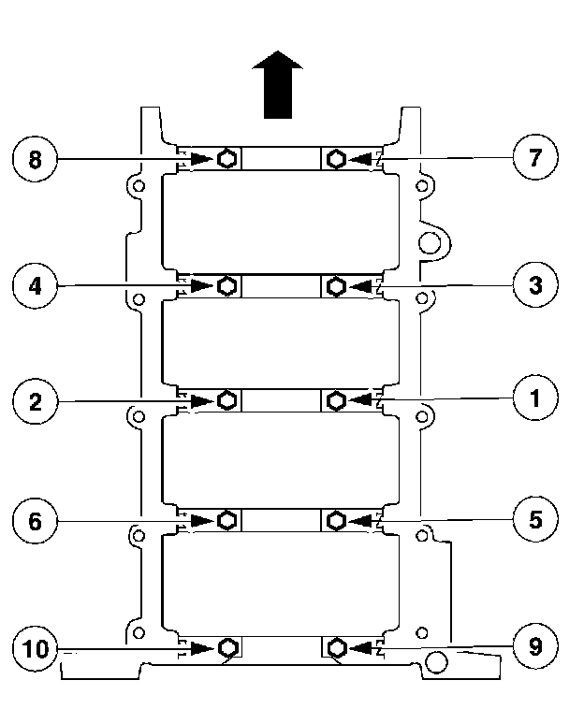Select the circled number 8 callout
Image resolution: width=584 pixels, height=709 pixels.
35,160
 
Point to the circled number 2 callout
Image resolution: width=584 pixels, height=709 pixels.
35,402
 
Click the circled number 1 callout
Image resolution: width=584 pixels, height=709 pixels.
534,399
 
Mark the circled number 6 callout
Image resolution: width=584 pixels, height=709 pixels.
35,521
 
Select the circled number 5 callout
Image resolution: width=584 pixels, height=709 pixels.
534,518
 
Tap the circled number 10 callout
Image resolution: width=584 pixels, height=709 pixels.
35,647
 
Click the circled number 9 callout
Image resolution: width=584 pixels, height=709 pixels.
534,644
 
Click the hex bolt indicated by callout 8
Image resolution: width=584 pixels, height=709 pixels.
226,159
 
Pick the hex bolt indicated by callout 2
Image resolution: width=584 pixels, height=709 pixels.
226,400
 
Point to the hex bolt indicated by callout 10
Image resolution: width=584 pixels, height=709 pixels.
226,646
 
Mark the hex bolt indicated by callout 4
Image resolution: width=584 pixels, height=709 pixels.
226,284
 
